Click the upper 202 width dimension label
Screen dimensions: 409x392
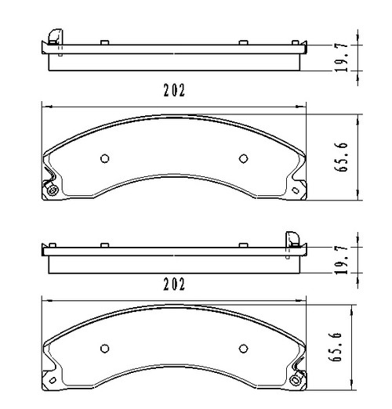pyautogui.click(x=174, y=90)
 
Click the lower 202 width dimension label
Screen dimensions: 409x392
pyautogui.click(x=174, y=284)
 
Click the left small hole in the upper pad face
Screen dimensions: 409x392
pyautogui.click(x=104, y=157)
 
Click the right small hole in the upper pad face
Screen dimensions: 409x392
pyautogui.click(x=241, y=157)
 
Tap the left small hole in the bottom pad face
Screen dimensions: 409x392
pyautogui.click(x=104, y=349)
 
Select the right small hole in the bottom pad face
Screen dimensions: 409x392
pyautogui.click(x=241, y=349)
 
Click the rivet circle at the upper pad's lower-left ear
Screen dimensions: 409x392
pyautogui.click(x=52, y=192)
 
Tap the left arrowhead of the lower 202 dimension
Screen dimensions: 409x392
pyautogui.click(x=44, y=299)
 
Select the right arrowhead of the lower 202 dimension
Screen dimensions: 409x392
pyautogui.click(x=304, y=299)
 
